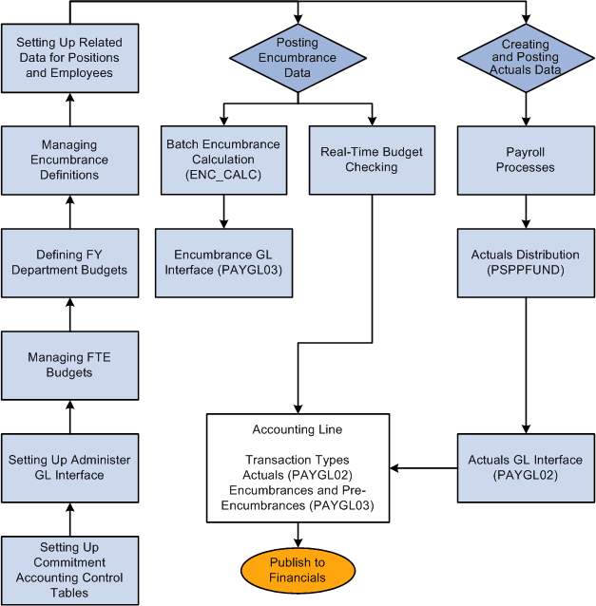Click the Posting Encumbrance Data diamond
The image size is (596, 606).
point(298,58)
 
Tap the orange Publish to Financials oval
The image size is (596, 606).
point(298,570)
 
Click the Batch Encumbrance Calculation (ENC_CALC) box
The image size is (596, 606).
point(223,160)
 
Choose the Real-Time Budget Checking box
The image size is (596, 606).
point(372,160)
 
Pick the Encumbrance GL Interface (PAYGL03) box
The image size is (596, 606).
point(223,262)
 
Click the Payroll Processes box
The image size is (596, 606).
point(525,160)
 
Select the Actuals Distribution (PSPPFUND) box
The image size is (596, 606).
point(525,262)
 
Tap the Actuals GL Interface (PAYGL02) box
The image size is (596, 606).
point(525,467)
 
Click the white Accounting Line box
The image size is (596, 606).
point(298,467)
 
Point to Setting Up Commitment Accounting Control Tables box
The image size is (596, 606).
point(70,570)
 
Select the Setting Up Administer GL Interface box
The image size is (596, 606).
point(70,467)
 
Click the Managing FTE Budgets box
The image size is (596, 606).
point(70,365)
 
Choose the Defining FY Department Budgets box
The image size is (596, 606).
point(70,262)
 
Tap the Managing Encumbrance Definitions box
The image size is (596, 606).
point(70,160)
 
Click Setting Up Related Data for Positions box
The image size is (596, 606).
point(70,58)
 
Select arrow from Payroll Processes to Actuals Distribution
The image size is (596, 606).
point(525,211)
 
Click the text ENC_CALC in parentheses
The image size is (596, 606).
point(223,175)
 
